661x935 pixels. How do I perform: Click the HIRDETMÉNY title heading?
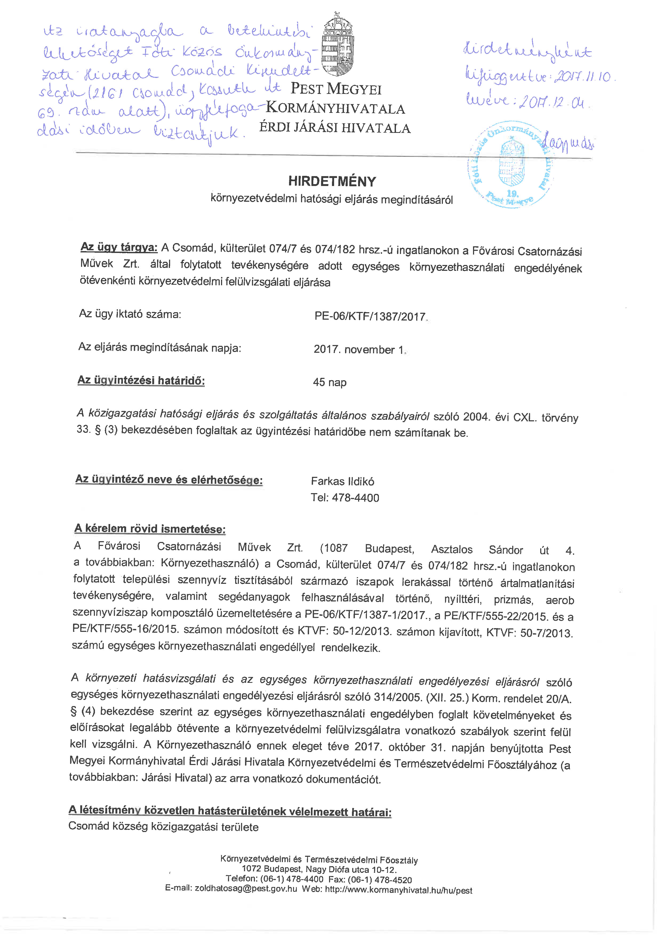(x=332, y=181)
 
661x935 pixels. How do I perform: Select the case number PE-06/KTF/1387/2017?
(x=370, y=316)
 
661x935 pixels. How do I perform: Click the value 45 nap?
(x=330, y=382)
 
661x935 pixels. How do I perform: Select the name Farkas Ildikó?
(x=342, y=481)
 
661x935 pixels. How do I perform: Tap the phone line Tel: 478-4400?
(x=345, y=498)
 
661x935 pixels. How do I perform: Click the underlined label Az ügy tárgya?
(x=119, y=247)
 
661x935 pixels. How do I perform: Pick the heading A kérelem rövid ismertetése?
(x=150, y=529)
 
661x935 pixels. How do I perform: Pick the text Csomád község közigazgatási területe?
(x=164, y=827)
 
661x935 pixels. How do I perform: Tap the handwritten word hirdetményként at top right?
(x=527, y=52)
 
